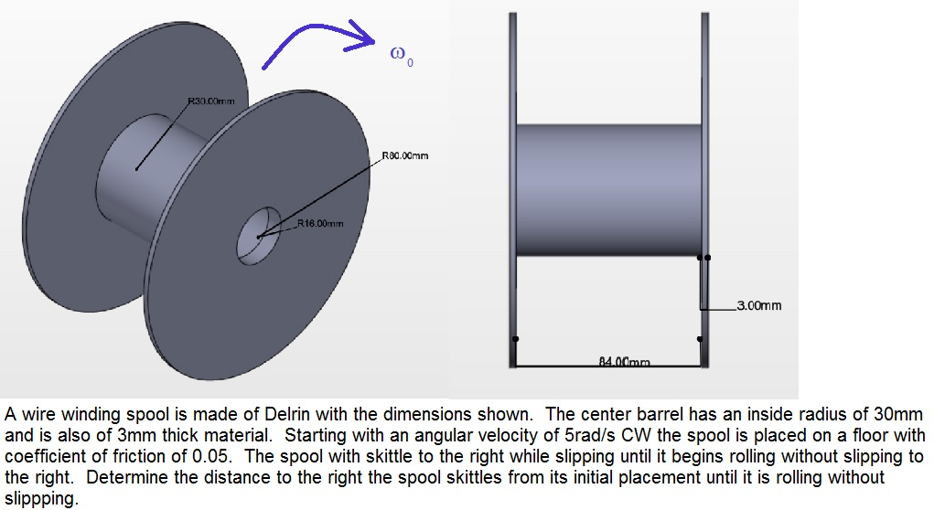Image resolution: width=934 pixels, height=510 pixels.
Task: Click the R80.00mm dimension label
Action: pos(403,155)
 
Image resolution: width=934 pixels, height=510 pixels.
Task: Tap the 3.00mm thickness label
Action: pos(758,306)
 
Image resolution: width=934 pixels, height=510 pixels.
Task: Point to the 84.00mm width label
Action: pos(624,362)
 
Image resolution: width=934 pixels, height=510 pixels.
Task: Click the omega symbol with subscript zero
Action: pos(401,57)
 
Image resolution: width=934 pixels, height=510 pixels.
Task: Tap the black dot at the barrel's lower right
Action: pos(707,258)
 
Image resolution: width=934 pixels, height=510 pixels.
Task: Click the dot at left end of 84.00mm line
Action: pos(515,339)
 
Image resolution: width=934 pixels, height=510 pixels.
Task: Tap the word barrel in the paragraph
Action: pos(667,413)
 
